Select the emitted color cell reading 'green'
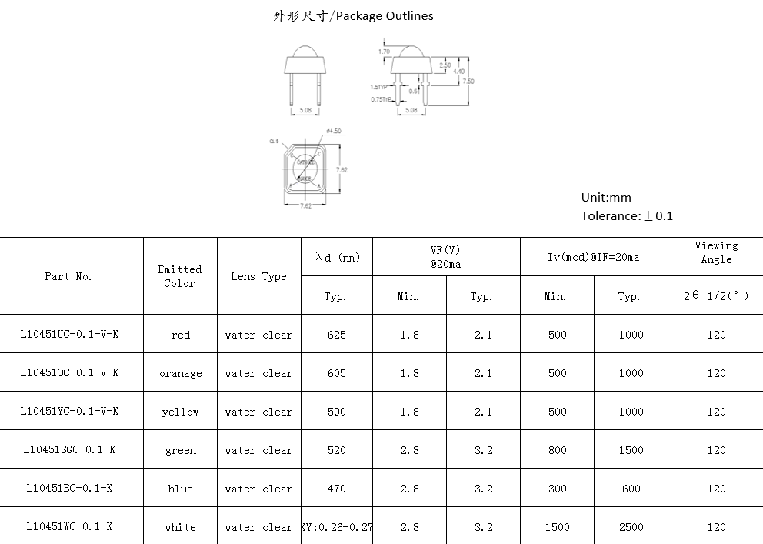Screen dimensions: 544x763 click(181, 451)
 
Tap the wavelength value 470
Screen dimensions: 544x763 click(336, 489)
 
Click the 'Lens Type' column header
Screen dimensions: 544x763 click(258, 276)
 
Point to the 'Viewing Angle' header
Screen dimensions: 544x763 click(716, 252)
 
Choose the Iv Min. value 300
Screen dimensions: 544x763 click(557, 489)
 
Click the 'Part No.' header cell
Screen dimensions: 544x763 click(68, 276)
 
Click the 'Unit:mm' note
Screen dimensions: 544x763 click(606, 198)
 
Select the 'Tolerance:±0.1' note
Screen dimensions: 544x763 click(626, 216)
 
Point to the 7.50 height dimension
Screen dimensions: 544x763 click(468, 81)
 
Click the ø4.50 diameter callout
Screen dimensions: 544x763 click(334, 130)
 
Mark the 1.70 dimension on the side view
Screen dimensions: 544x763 click(384, 52)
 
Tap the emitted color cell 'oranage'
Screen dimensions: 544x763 click(181, 374)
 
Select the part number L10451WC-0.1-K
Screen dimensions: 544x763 click(69, 527)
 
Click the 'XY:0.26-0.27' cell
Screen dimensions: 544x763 click(336, 527)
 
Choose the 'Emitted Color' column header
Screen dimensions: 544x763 click(180, 276)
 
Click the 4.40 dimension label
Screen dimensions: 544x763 click(458, 72)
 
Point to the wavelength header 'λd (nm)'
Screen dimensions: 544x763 click(337, 257)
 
